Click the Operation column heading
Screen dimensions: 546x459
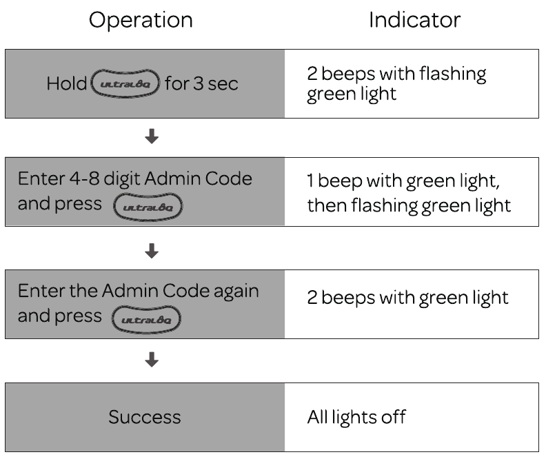click(x=141, y=21)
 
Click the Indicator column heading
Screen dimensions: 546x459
click(x=415, y=20)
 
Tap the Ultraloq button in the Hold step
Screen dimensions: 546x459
click(x=125, y=83)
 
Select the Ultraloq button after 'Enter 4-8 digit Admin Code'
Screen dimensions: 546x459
click(x=148, y=207)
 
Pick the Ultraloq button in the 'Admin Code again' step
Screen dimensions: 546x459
click(x=146, y=320)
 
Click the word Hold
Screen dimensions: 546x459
click(x=66, y=83)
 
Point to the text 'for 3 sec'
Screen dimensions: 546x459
click(x=201, y=83)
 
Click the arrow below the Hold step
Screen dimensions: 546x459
click(x=152, y=136)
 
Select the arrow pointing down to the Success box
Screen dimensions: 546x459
click(x=152, y=360)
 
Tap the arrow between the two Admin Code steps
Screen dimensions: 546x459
click(x=152, y=251)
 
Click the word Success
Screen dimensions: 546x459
click(x=145, y=417)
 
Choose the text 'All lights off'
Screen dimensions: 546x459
click(x=356, y=417)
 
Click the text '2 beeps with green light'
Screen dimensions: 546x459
click(x=407, y=298)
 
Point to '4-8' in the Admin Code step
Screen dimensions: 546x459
click(x=84, y=178)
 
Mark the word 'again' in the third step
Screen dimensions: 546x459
click(x=236, y=292)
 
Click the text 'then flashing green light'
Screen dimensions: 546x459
click(x=409, y=205)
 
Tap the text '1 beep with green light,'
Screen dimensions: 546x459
click(x=403, y=181)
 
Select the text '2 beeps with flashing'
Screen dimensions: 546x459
click(x=396, y=74)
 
